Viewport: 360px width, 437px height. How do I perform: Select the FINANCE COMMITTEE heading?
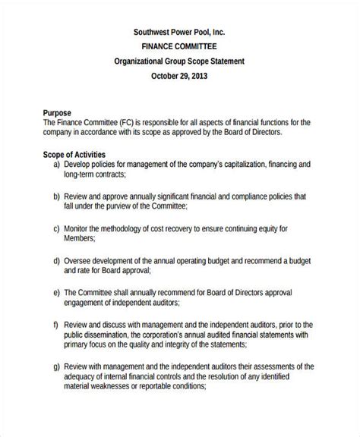[180, 47]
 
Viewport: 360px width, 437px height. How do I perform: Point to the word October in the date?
[169, 76]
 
